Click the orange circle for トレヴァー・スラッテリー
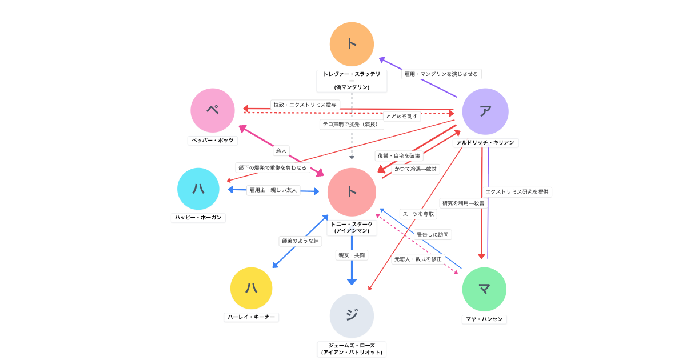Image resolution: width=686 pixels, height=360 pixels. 352,44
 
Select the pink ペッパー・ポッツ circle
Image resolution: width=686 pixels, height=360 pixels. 213,110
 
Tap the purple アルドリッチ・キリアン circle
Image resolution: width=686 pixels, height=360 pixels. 485,111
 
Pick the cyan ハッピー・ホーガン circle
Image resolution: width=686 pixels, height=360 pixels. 198,189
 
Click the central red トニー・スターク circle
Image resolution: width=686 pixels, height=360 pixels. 352,192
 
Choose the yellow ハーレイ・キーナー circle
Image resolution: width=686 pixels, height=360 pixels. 251,288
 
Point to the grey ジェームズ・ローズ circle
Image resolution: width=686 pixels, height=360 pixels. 352,315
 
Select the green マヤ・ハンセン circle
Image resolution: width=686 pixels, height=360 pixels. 484,289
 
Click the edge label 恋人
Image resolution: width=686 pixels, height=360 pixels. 281,150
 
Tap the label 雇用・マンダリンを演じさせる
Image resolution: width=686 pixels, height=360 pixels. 441,74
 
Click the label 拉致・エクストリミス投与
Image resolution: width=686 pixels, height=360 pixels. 305,105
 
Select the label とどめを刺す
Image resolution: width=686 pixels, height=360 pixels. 402,116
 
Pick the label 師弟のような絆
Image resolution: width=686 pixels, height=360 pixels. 300,241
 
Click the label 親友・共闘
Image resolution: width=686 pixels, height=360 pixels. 352,255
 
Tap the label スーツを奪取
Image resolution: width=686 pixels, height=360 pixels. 418,214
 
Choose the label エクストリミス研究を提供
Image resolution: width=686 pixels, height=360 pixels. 517,191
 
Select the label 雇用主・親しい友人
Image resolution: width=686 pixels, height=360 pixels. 273,190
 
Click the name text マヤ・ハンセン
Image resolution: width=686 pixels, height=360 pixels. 484,319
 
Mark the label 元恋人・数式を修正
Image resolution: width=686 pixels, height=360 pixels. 418,259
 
